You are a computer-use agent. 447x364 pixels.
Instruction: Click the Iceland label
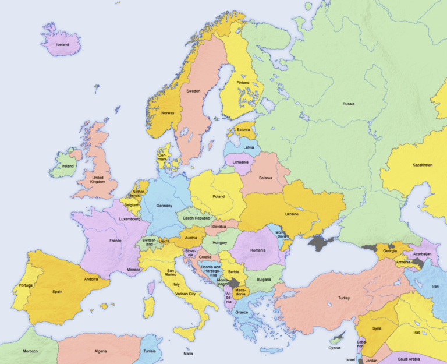click(x=62, y=45)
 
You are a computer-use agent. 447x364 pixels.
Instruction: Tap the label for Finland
click(x=243, y=83)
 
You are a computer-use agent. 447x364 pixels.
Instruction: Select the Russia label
click(x=348, y=104)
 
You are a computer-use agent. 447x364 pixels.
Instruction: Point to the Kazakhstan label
click(x=423, y=165)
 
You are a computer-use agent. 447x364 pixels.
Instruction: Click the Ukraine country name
click(x=291, y=214)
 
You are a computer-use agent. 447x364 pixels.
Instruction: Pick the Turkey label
click(x=343, y=298)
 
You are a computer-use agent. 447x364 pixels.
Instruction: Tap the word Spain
click(x=57, y=292)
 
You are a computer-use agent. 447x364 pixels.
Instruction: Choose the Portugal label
click(x=26, y=285)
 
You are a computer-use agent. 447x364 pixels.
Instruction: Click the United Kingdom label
click(x=97, y=180)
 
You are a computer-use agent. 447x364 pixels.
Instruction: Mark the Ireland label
click(x=68, y=166)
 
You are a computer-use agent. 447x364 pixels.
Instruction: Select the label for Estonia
click(x=243, y=130)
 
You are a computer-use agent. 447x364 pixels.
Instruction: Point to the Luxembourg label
click(x=130, y=219)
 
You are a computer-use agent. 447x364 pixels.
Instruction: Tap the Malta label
click(x=188, y=354)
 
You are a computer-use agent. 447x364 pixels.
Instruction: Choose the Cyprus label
click(x=334, y=348)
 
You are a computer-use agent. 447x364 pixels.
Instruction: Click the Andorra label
click(x=90, y=279)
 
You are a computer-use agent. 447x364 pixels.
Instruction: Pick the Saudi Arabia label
click(x=414, y=359)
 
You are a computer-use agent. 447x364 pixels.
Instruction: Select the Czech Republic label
click(x=196, y=218)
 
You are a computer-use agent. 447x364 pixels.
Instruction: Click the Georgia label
click(x=390, y=251)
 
